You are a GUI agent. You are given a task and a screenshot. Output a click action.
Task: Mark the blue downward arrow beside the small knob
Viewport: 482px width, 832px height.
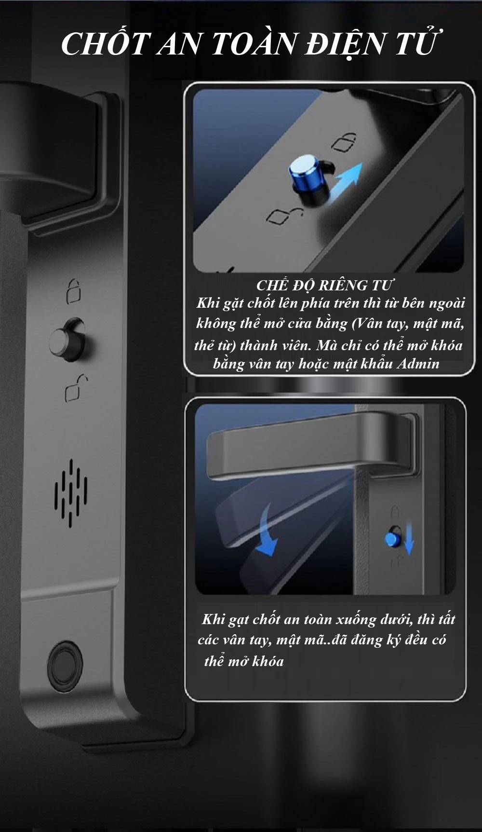point(409,539)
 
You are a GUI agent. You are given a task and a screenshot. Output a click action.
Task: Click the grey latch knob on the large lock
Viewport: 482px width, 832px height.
point(69,341)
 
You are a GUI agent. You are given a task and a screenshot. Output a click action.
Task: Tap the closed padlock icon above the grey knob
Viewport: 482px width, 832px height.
point(73,291)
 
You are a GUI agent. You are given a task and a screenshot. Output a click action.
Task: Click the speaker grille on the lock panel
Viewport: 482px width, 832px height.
point(71,492)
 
